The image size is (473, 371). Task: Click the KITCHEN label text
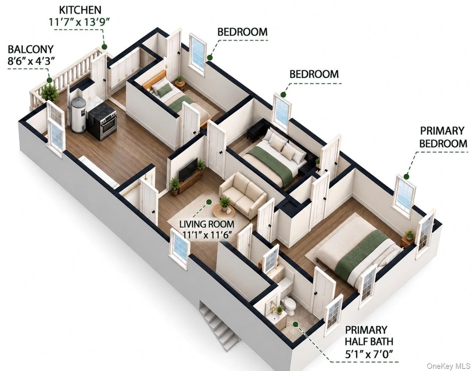(x=80, y=10)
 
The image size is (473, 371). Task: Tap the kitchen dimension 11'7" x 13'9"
(x=79, y=22)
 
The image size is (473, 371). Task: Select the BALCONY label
(x=30, y=49)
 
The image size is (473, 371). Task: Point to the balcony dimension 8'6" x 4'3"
(x=31, y=61)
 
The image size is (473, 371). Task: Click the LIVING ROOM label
(x=206, y=224)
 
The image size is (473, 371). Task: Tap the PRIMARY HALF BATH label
(x=369, y=335)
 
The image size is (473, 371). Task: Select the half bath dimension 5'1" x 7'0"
(x=369, y=354)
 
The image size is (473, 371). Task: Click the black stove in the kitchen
(x=102, y=120)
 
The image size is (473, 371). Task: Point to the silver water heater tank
(x=78, y=115)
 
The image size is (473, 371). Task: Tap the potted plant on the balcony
(x=50, y=92)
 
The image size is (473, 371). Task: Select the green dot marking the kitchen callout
(x=104, y=47)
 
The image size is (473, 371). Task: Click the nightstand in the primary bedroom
(x=407, y=240)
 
